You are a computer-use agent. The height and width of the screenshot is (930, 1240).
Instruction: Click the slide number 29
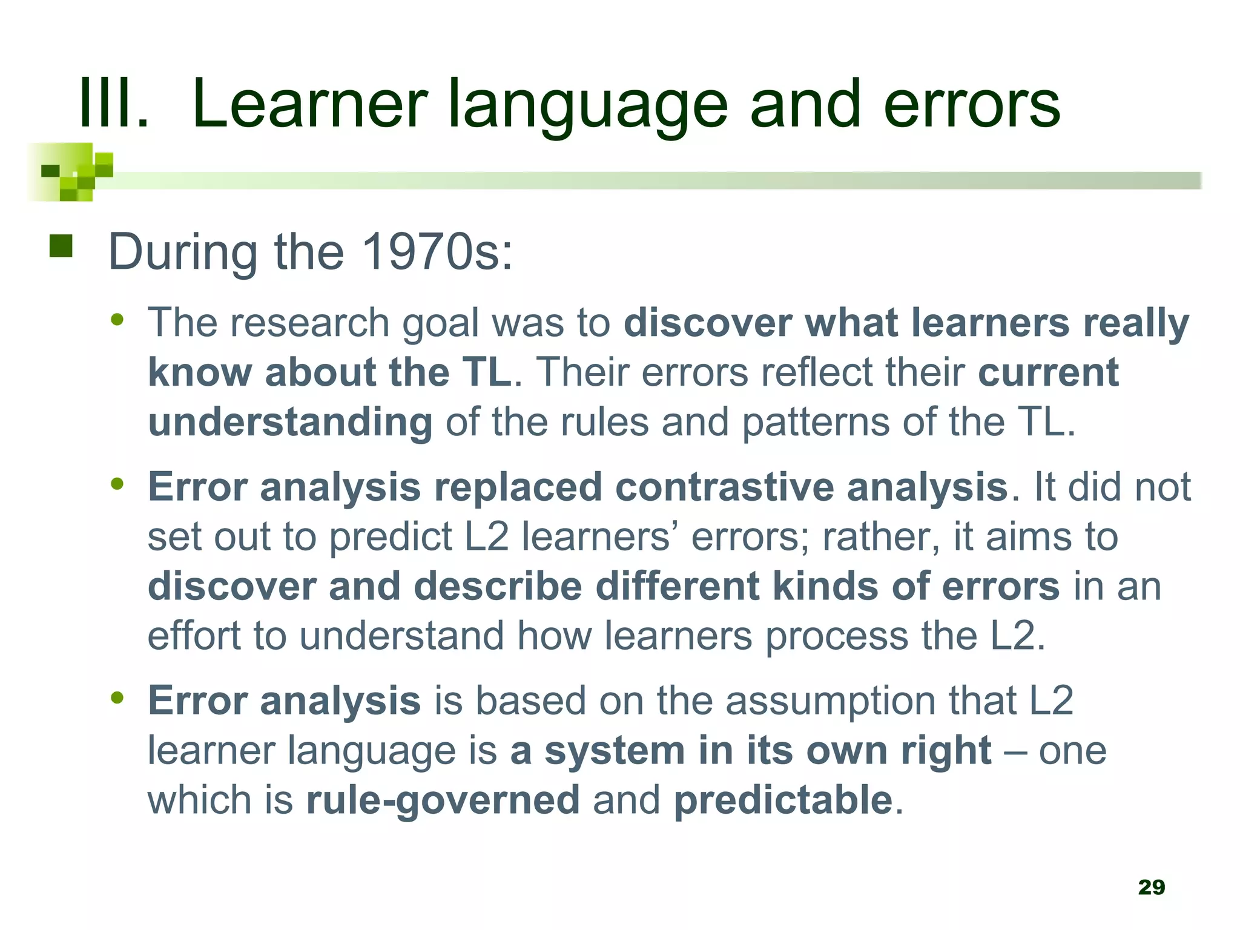(x=1151, y=887)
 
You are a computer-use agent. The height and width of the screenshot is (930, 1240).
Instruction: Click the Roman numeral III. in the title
(x=114, y=104)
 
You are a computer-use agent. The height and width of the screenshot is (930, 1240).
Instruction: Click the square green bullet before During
(x=61, y=246)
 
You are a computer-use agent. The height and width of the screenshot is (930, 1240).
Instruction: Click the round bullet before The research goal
(x=117, y=319)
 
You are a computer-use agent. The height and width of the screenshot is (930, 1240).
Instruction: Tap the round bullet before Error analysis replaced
(x=117, y=484)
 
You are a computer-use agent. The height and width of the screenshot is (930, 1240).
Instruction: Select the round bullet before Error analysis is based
(x=117, y=698)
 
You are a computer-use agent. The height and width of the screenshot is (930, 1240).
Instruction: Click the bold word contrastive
(x=724, y=487)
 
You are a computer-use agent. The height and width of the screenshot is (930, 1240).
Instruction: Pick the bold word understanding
(x=290, y=421)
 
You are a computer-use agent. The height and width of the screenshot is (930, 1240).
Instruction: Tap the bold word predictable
(x=783, y=799)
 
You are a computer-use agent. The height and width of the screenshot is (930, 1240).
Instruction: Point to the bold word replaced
(x=518, y=487)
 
